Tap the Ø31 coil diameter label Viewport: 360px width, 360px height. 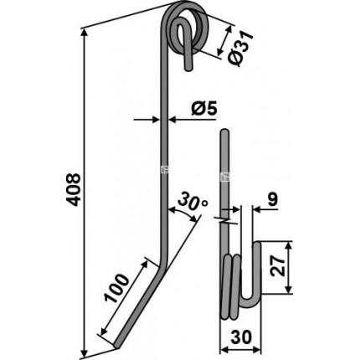pos(239,49)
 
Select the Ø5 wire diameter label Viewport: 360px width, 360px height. pos(204,109)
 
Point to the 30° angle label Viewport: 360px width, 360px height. pos(193,200)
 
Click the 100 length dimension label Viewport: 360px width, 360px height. pos(117,288)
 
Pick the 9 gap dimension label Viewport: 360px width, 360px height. pos(272,199)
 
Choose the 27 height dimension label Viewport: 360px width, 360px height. pos(278,267)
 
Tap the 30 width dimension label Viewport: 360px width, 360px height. pos(242,337)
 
